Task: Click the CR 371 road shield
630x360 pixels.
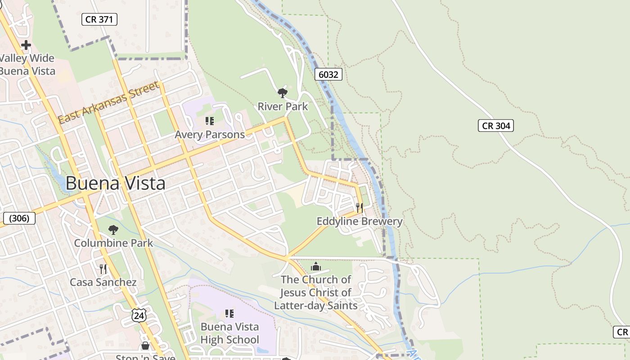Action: (x=99, y=19)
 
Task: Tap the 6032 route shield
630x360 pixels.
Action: (x=328, y=74)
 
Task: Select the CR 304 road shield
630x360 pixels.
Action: (x=496, y=126)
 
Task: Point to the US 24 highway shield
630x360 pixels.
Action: (x=139, y=315)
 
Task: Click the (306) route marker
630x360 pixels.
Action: (x=19, y=218)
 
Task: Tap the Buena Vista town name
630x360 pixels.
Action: (x=116, y=183)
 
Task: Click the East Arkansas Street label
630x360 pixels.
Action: (x=109, y=103)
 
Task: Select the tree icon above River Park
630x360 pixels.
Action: (x=283, y=93)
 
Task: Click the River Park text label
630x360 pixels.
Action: (x=283, y=107)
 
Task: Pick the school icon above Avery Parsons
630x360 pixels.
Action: (x=210, y=121)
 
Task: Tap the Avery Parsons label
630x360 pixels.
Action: (x=210, y=135)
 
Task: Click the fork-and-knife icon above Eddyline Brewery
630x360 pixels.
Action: (x=359, y=207)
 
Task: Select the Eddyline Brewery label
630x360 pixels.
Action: (x=359, y=221)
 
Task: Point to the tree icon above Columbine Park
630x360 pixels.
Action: (x=113, y=230)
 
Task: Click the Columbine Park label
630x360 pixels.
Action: (x=113, y=243)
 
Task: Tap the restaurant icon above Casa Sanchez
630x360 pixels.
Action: (x=103, y=269)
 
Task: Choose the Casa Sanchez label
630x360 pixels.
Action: (x=103, y=283)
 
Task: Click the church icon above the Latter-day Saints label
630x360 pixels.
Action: (x=316, y=266)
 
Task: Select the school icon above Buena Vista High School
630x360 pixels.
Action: (x=229, y=313)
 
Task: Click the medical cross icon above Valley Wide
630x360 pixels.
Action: (x=26, y=45)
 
